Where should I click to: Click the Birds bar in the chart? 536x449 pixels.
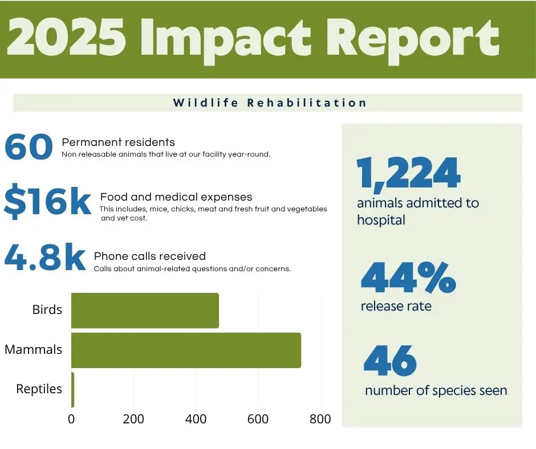pyautogui.click(x=145, y=311)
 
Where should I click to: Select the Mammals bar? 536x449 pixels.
pyautogui.click(x=186, y=350)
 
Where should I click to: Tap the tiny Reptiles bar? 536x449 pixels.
pyautogui.click(x=72, y=390)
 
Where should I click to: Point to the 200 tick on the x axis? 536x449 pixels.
pyautogui.click(x=133, y=419)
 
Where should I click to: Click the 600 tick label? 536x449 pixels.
pyautogui.click(x=258, y=419)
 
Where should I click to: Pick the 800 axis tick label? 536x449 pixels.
pyautogui.click(x=320, y=419)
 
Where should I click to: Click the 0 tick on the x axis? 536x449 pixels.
pyautogui.click(x=71, y=419)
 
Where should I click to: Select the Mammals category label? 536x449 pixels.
pyautogui.click(x=33, y=349)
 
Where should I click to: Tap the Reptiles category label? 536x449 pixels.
pyautogui.click(x=39, y=389)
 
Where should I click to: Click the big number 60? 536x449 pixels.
pyautogui.click(x=29, y=146)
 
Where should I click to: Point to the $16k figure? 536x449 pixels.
pyautogui.click(x=47, y=202)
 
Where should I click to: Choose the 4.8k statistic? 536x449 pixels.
pyautogui.click(x=45, y=257)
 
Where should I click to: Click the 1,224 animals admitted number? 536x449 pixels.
pyautogui.click(x=408, y=173)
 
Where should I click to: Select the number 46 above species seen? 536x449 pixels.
pyautogui.click(x=390, y=361)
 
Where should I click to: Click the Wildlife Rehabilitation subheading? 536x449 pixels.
pyautogui.click(x=270, y=103)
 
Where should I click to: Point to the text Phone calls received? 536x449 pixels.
pyautogui.click(x=150, y=256)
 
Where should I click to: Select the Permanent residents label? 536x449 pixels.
pyautogui.click(x=118, y=142)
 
